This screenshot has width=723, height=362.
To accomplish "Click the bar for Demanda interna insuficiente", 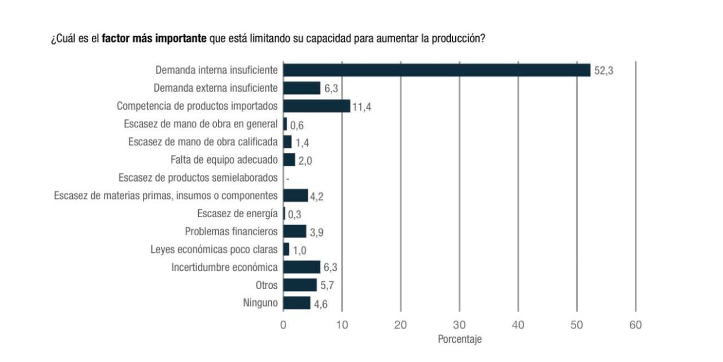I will click(x=436, y=70).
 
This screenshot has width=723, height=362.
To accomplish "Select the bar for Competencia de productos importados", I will click(x=316, y=106).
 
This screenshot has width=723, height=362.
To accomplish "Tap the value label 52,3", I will click(x=603, y=71).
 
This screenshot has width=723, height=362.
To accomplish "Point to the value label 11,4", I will click(x=361, y=106).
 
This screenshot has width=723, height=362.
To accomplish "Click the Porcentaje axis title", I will click(x=459, y=339).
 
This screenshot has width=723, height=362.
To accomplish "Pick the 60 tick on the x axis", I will click(x=635, y=325).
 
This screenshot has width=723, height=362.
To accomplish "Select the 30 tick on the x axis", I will click(x=459, y=325).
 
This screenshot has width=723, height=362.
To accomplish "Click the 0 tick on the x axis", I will click(x=283, y=325).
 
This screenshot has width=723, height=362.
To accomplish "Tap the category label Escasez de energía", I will click(x=237, y=213).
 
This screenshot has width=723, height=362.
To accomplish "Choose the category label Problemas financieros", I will click(x=231, y=231).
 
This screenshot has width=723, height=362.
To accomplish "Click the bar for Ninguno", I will click(x=297, y=303).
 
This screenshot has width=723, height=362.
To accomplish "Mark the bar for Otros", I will click(x=300, y=285).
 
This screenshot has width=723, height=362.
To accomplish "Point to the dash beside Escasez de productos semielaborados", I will click(x=288, y=179).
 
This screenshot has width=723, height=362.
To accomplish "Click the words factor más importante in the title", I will click(x=154, y=40).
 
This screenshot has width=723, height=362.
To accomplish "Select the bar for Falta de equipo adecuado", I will click(x=289, y=160).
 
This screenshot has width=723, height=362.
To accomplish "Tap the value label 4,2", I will click(x=317, y=196).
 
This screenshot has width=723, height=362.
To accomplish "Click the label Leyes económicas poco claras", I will click(x=214, y=249).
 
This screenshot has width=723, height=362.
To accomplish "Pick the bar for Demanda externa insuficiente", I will click(x=302, y=88).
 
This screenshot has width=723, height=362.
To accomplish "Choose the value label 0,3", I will click(x=294, y=214).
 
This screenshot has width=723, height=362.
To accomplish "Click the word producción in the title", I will click(x=458, y=40).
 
